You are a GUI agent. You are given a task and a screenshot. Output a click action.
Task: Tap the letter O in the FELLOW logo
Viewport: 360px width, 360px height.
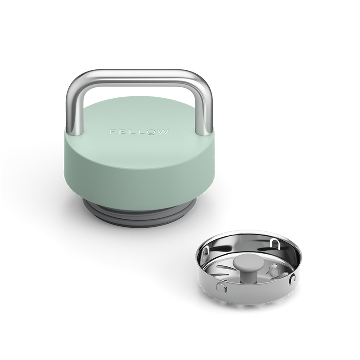[151, 132]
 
